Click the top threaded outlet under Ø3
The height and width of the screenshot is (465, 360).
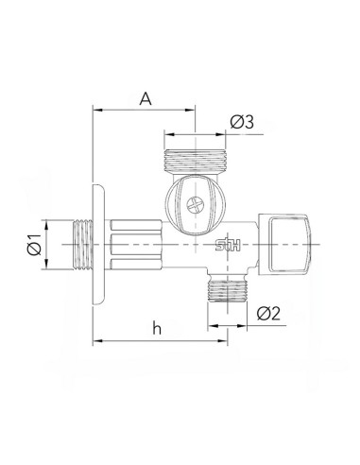click(x=196, y=160)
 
